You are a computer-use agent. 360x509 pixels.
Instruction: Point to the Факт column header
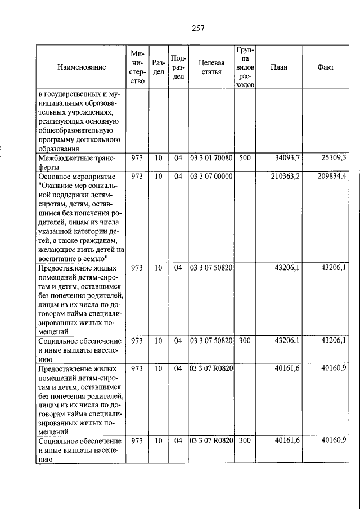coord(326,67)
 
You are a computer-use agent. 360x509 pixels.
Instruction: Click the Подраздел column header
coord(178,67)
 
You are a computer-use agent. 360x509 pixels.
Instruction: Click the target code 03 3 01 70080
coord(211,158)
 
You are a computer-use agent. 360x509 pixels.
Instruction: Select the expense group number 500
coord(245,158)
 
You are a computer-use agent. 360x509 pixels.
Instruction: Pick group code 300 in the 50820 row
coord(245,341)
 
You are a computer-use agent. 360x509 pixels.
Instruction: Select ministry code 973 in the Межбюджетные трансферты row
coord(137,158)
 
